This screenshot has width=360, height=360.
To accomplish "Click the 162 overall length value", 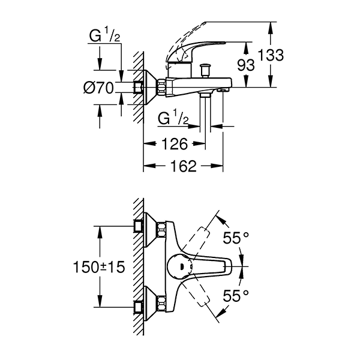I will coord(184,167).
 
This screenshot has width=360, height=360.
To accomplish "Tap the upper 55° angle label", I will coord(236,238).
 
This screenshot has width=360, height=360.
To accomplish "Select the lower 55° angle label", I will coord(236,295).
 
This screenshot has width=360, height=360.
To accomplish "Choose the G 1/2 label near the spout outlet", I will coord(173,118).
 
